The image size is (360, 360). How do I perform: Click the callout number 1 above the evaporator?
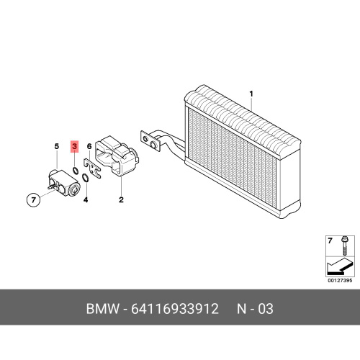(x=251, y=94)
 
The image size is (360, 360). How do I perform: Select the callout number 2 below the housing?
(x=121, y=199)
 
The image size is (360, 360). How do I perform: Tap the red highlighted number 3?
(x=75, y=146)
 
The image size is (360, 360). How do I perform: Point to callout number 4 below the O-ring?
(x=86, y=199)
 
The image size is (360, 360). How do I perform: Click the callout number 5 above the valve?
(x=57, y=146)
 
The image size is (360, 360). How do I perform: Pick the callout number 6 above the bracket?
(x=89, y=146)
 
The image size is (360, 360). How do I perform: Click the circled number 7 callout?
(x=33, y=199)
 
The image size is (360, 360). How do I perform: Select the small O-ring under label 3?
(x=76, y=170)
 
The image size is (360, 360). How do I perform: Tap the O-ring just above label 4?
(x=85, y=178)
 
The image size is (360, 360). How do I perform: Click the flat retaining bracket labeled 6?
(x=92, y=168)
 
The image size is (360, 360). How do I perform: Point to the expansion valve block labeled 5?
(x=63, y=183)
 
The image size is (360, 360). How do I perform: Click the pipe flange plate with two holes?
(x=150, y=141)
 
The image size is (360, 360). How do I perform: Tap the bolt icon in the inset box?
(x=343, y=246)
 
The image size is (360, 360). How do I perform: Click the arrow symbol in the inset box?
(x=338, y=266)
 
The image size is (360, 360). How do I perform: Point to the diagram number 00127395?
(x=340, y=281)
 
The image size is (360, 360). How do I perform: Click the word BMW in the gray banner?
(x=102, y=309)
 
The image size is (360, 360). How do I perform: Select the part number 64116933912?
(x=175, y=309)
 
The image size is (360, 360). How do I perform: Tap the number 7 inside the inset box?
(x=330, y=240)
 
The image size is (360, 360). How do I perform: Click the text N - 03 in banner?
(x=255, y=309)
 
